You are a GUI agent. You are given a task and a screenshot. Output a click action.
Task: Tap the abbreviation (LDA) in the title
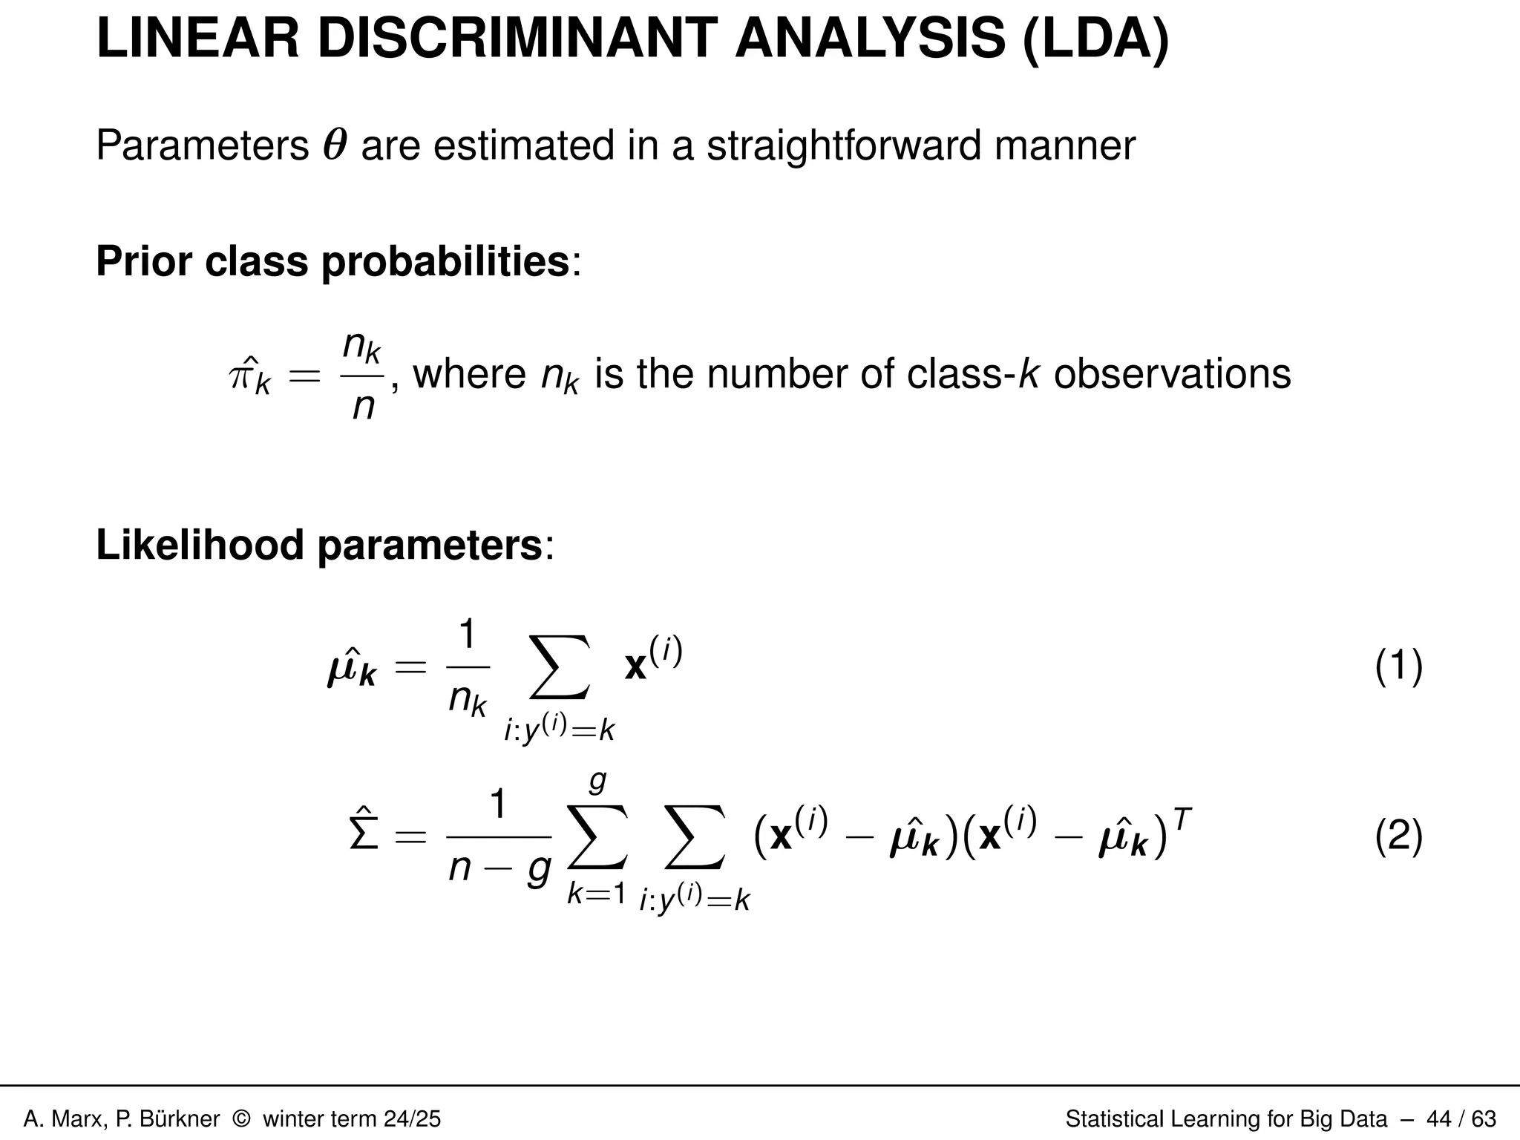[1095, 40]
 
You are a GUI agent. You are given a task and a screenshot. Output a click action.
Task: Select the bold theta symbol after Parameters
[335, 145]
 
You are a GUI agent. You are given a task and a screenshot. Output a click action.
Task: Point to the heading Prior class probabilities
[332, 262]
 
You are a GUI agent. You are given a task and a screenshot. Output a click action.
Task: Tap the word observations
[1172, 373]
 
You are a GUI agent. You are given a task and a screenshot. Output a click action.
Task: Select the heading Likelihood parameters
[319, 546]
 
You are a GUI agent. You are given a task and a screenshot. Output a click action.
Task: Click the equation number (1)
[1398, 666]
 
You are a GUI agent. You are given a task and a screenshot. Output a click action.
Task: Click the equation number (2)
[1398, 836]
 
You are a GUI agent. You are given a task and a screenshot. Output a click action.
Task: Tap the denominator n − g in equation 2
[499, 866]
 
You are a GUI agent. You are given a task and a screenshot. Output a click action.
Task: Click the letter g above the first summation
[597, 782]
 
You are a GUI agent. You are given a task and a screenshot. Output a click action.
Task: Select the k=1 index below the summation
[596, 894]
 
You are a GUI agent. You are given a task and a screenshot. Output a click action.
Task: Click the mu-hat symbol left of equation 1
[351, 668]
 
